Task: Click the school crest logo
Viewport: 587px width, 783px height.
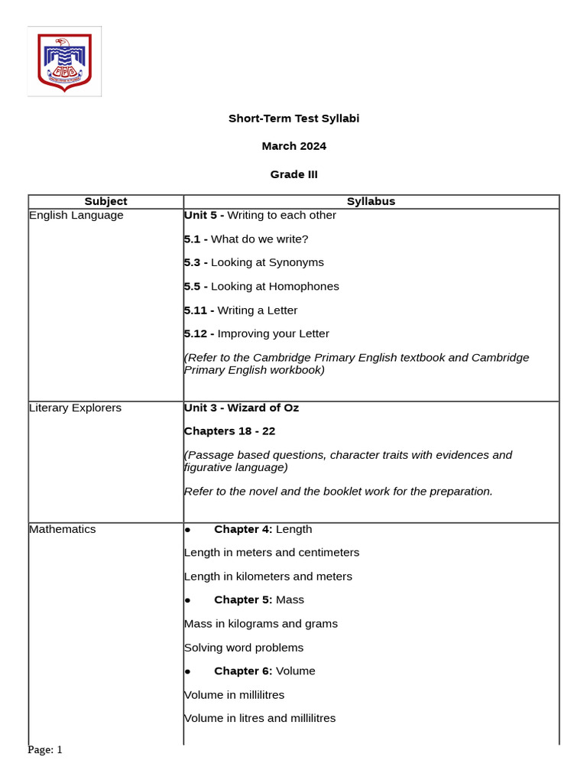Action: [65, 61]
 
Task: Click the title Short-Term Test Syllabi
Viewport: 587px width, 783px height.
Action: [293, 119]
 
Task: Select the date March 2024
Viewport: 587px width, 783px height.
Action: [293, 146]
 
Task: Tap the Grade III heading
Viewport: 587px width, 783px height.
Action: [293, 174]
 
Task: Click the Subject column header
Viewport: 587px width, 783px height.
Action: [105, 202]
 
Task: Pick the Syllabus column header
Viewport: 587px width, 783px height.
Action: [371, 202]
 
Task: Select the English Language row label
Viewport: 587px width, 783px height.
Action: [76, 216]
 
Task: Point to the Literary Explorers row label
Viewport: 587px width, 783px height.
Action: [75, 408]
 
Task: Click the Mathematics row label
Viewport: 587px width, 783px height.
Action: [63, 529]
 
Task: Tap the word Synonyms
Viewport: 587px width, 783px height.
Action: [293, 262]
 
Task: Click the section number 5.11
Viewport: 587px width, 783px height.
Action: [197, 310]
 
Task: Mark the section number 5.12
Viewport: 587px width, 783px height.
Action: [197, 334]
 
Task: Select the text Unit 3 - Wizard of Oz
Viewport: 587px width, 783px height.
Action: [242, 408]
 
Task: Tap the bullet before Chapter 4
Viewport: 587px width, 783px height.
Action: [187, 530]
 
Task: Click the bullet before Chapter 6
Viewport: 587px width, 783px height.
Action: [187, 671]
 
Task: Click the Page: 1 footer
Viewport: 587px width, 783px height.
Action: [45, 750]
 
